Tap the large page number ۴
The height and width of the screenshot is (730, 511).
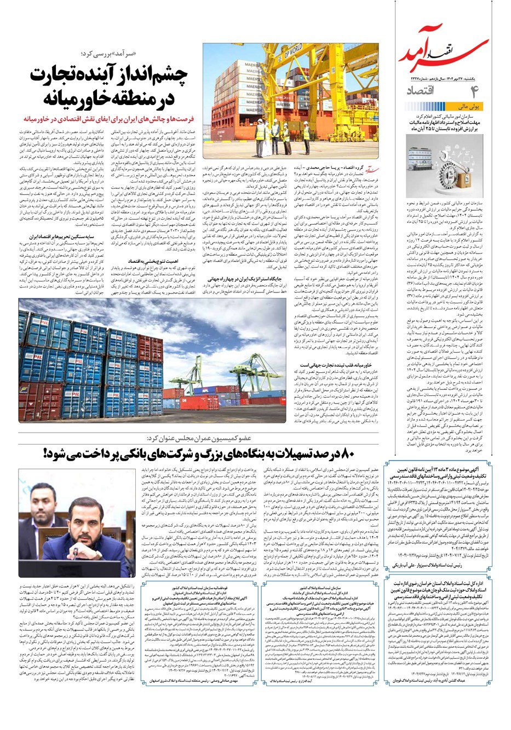(472, 92)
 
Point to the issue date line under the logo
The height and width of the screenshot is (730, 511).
(445, 79)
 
